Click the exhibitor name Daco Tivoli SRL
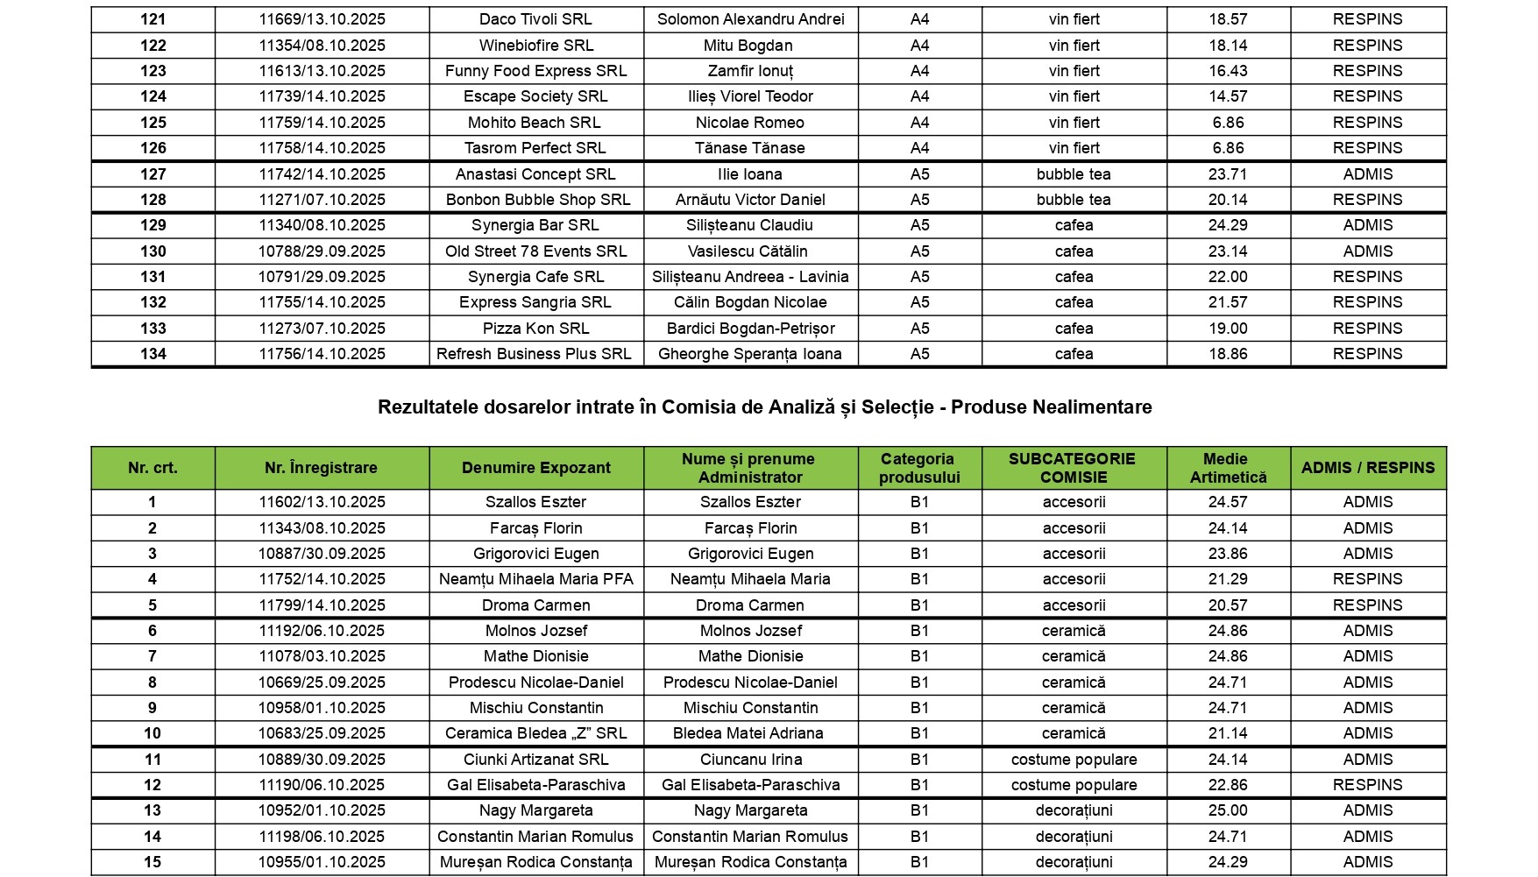click(x=535, y=19)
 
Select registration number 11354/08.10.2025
click(x=322, y=46)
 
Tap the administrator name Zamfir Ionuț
click(x=750, y=71)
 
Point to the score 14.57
click(x=1227, y=96)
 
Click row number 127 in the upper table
click(x=152, y=174)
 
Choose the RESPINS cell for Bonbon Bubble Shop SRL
click(x=1367, y=200)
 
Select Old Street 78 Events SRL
click(x=535, y=251)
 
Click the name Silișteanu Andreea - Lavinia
click(x=750, y=277)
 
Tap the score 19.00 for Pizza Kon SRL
click(x=1227, y=329)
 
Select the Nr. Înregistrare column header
click(x=321, y=468)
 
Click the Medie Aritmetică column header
click(x=1227, y=468)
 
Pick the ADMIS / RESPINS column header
click(x=1367, y=468)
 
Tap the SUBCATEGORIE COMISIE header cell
click(x=1073, y=468)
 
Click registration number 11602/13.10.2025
click(x=322, y=502)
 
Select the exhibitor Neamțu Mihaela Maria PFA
click(x=535, y=579)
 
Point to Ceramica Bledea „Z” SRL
click(x=535, y=733)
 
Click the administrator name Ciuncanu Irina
click(x=750, y=760)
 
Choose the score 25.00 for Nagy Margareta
click(x=1227, y=810)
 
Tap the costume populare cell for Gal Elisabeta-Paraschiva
click(x=1074, y=785)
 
